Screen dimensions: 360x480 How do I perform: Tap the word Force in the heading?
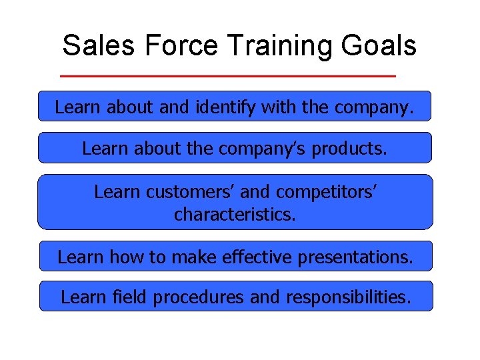181,46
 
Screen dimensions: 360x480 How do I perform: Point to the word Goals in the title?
379,46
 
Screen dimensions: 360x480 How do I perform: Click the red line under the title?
228,76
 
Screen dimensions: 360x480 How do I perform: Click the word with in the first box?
281,107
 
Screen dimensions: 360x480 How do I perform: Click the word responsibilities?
349,297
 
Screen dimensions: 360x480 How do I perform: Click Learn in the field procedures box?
82,297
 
